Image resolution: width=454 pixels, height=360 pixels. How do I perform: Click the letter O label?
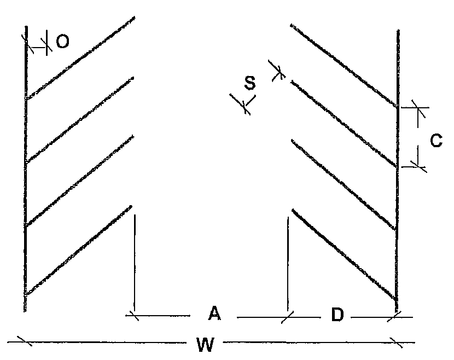[x=62, y=42]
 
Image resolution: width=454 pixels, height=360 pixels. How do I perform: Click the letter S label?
[x=249, y=83]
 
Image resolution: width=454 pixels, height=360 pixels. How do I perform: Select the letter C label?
[x=436, y=141]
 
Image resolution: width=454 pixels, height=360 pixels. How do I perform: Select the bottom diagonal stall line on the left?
[x=78, y=249]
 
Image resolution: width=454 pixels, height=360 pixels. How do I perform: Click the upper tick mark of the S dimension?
[x=277, y=71]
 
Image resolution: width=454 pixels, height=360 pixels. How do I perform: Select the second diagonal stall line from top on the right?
[x=344, y=124]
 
